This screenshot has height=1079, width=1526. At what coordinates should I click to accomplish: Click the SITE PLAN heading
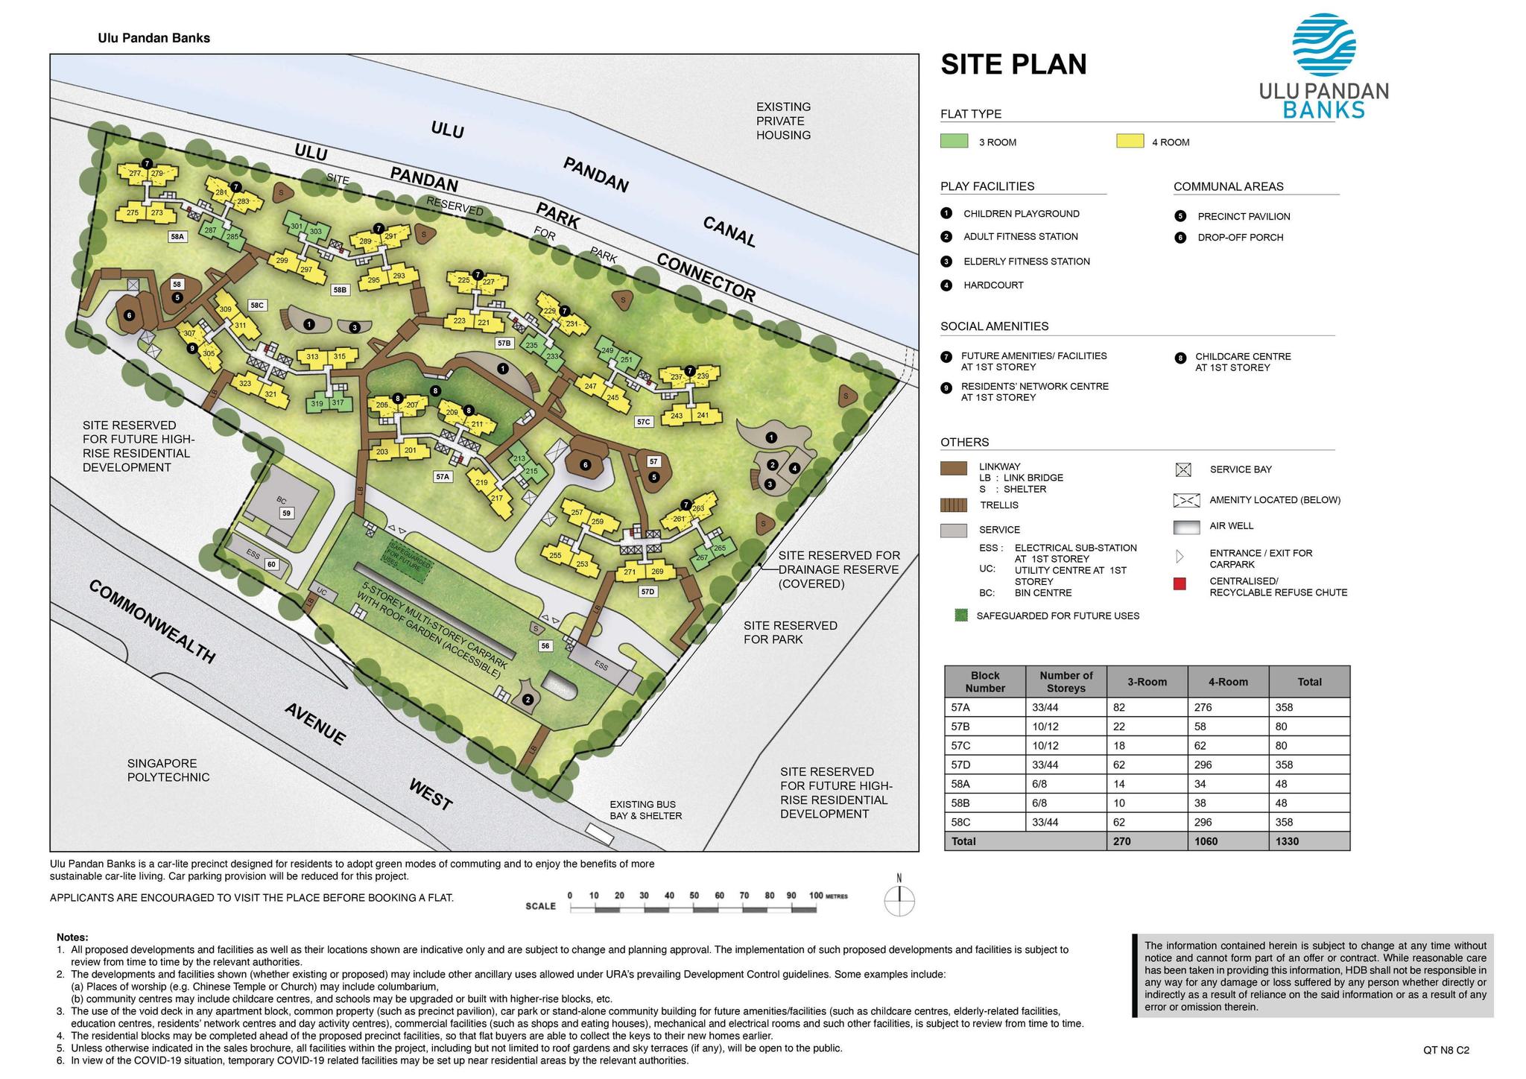point(1013,64)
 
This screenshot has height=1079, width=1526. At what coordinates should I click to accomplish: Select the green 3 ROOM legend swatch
point(954,141)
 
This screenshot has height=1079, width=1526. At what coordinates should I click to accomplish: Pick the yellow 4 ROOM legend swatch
point(1130,141)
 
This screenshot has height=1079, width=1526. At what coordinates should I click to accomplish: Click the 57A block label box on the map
point(443,476)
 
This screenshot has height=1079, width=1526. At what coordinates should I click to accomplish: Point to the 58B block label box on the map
point(340,290)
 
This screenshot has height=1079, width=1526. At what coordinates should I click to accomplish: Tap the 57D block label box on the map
point(648,592)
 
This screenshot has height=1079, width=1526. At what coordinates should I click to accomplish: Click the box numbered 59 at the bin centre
point(286,513)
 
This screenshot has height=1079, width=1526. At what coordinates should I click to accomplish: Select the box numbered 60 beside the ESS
point(271,564)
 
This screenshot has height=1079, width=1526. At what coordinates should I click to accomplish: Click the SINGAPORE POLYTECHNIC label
point(168,771)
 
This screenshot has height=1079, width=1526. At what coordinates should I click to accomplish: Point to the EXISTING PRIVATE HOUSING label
point(783,121)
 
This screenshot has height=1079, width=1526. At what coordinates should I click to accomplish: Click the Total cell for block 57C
point(1308,745)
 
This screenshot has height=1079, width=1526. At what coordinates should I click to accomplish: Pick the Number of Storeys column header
point(1066,682)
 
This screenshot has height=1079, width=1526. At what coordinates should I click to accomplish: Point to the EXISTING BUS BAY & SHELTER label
point(645,810)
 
